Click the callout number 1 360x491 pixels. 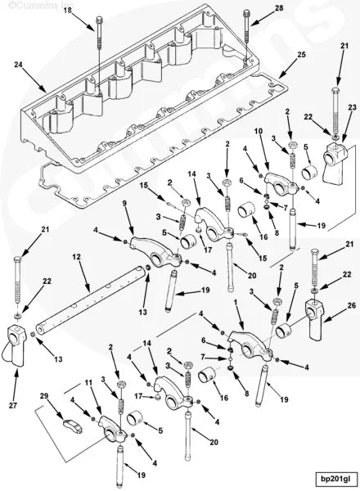point(237,302)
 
